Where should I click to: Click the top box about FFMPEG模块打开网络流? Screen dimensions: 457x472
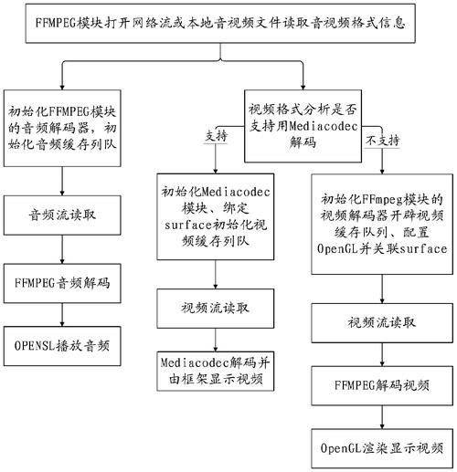click(220, 24)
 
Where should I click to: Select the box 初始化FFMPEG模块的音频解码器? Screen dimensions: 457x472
click(62, 128)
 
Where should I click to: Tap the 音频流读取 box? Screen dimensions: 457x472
click(62, 215)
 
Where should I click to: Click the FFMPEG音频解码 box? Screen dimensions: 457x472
click(62, 283)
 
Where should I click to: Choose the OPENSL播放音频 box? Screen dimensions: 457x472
click(62, 346)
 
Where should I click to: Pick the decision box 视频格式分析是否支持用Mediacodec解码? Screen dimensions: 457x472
click(303, 126)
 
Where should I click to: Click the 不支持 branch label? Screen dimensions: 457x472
click(382, 141)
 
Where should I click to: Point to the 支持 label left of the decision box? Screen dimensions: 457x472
click(216, 136)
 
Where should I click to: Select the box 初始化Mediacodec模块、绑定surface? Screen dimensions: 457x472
click(216, 216)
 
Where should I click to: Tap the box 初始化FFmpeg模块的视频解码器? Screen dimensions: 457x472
click(382, 225)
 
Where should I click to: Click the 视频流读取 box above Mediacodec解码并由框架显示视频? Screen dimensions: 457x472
click(216, 309)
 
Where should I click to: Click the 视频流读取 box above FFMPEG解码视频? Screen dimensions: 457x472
click(382, 323)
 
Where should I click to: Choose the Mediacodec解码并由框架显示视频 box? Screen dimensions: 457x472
click(216, 372)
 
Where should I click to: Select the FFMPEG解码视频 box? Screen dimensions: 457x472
click(382, 386)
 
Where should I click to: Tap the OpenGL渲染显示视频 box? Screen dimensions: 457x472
click(382, 448)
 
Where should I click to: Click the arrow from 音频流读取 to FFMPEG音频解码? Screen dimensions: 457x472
click(62, 249)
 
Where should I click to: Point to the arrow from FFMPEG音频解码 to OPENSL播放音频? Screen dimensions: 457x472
click(62, 315)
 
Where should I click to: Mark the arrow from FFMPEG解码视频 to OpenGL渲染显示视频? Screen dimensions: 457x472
click(382, 417)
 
